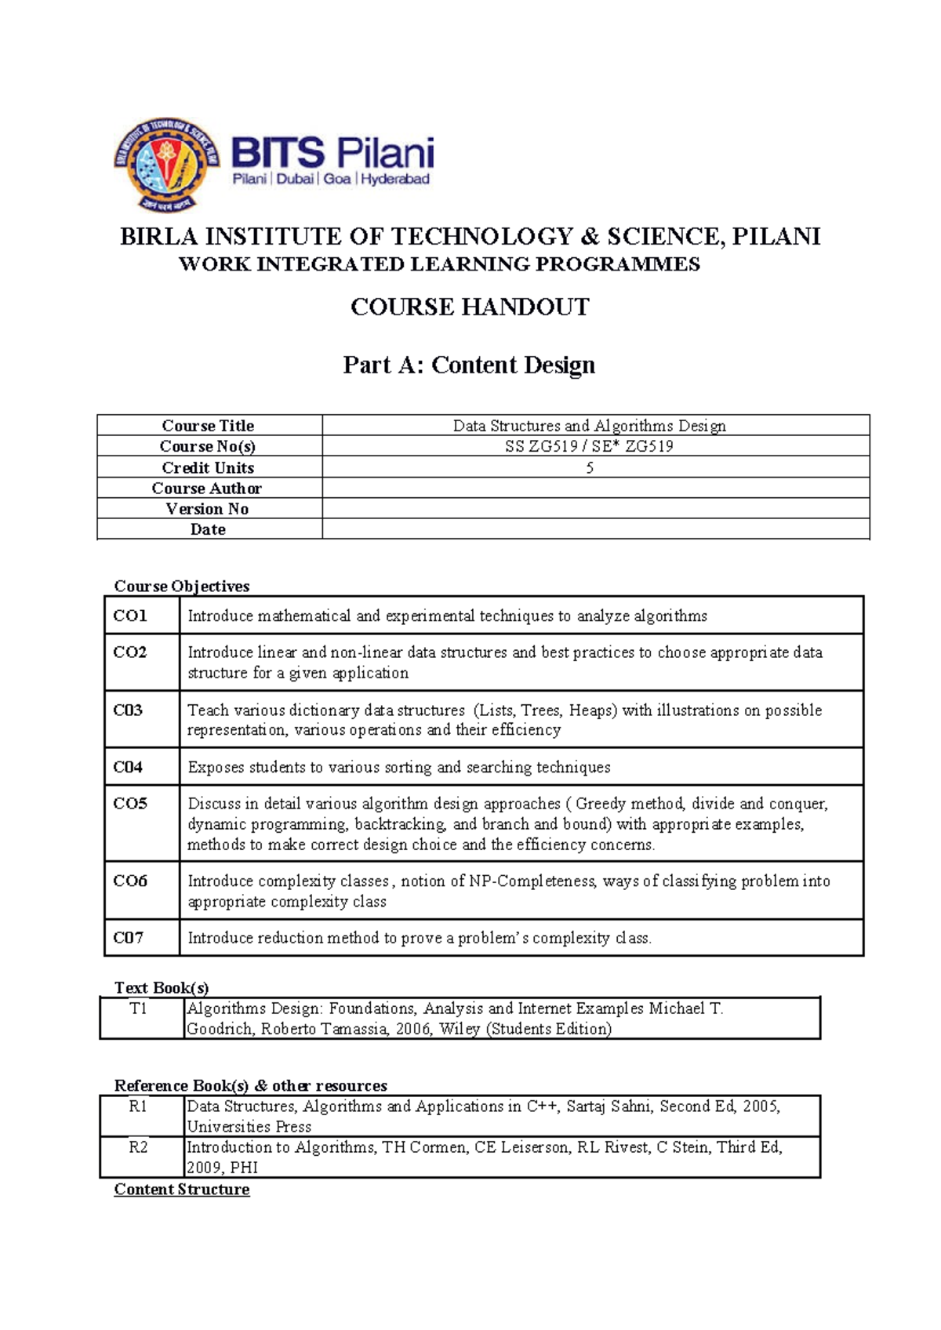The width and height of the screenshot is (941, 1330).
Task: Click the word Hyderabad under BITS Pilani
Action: (395, 179)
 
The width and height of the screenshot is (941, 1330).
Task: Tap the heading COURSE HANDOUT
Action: (469, 307)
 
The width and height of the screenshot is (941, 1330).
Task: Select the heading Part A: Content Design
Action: (469, 365)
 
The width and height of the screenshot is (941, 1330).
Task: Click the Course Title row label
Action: (208, 425)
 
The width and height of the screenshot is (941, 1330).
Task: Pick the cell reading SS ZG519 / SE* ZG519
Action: (589, 446)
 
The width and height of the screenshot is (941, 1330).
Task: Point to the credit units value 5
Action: (590, 467)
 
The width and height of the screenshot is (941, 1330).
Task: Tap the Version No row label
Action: (207, 509)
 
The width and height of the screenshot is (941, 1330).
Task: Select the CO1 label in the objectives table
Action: (130, 616)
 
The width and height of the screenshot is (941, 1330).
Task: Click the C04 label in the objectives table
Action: (128, 767)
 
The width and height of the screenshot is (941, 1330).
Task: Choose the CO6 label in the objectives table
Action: (130, 881)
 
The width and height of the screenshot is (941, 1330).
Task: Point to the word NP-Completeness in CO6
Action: (532, 881)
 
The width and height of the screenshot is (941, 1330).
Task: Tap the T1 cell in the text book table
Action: (139, 1008)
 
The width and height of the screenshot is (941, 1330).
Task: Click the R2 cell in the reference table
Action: (139, 1147)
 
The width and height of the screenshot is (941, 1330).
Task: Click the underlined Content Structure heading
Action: (182, 1190)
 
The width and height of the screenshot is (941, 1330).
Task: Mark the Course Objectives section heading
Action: (182, 586)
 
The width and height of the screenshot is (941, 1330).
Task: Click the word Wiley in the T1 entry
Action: (460, 1029)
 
